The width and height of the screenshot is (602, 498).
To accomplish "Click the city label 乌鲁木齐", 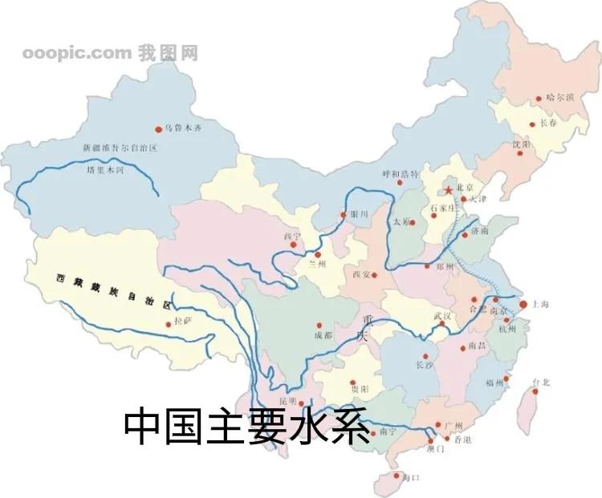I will click(x=185, y=128).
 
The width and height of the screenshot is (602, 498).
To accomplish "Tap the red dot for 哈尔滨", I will click(x=539, y=99).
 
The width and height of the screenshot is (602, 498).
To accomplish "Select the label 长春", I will click(x=548, y=123).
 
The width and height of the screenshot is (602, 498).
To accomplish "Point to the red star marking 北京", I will click(x=448, y=191).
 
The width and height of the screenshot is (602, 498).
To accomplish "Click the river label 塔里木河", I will click(x=105, y=171).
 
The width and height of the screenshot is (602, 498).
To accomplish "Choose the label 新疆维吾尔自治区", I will click(x=120, y=149).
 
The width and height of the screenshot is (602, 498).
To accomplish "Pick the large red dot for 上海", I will click(x=523, y=305).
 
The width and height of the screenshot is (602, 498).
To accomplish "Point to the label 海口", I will click(x=409, y=478).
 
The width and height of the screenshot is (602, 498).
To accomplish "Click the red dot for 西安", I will click(x=374, y=276).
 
